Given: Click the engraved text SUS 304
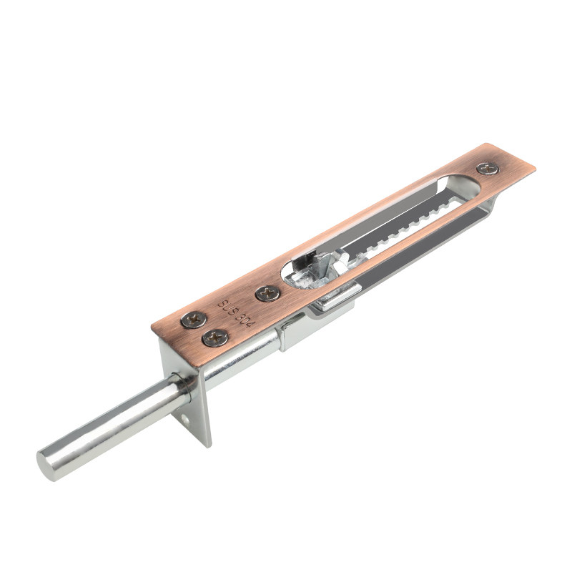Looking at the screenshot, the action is [x=237, y=314].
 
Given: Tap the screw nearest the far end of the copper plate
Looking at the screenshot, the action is [x=488, y=169].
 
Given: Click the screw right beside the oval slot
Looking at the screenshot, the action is [x=267, y=293].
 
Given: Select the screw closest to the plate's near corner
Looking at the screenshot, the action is [x=193, y=320].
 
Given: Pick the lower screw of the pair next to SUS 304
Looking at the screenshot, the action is [x=215, y=337].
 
